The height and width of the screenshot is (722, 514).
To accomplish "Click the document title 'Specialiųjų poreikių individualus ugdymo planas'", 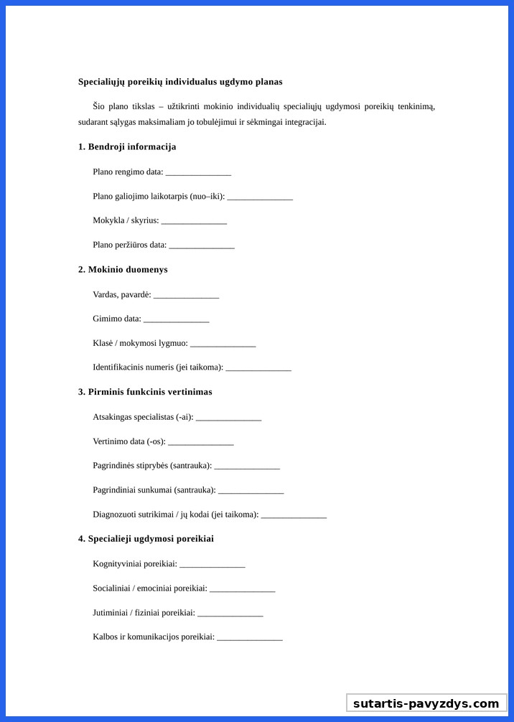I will (180, 82).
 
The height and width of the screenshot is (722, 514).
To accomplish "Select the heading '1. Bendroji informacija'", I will (127, 147).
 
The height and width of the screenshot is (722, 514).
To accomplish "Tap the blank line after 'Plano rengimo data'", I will (198, 173).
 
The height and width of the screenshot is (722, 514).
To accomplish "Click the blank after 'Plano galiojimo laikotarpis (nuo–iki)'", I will (260, 197).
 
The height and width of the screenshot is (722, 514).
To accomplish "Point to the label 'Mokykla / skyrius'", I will (126, 220).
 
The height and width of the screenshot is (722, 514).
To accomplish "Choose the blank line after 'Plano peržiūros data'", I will (202, 246).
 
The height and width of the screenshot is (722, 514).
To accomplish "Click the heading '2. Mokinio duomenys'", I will (123, 270).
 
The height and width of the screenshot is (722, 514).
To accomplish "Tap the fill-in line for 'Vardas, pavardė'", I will (186, 295).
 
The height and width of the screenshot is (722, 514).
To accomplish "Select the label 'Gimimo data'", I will (117, 319).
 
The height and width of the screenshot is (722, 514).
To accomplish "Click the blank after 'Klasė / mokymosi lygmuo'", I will (223, 344).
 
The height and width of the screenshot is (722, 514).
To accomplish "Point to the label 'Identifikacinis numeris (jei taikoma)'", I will (158, 367).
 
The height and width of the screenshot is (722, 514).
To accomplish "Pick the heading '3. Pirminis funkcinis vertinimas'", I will (145, 392).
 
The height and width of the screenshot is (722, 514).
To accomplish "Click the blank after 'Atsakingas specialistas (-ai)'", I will (228, 418).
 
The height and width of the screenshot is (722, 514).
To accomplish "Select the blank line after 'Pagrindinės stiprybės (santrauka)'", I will (247, 467).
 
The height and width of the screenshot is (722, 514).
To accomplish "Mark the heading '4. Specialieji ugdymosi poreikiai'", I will (146, 539).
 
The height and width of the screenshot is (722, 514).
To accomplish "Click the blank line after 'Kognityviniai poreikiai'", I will (212, 565).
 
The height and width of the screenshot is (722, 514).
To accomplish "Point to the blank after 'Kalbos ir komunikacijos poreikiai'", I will (250, 638).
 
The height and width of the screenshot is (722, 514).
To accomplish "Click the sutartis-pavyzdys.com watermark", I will (426, 703).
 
